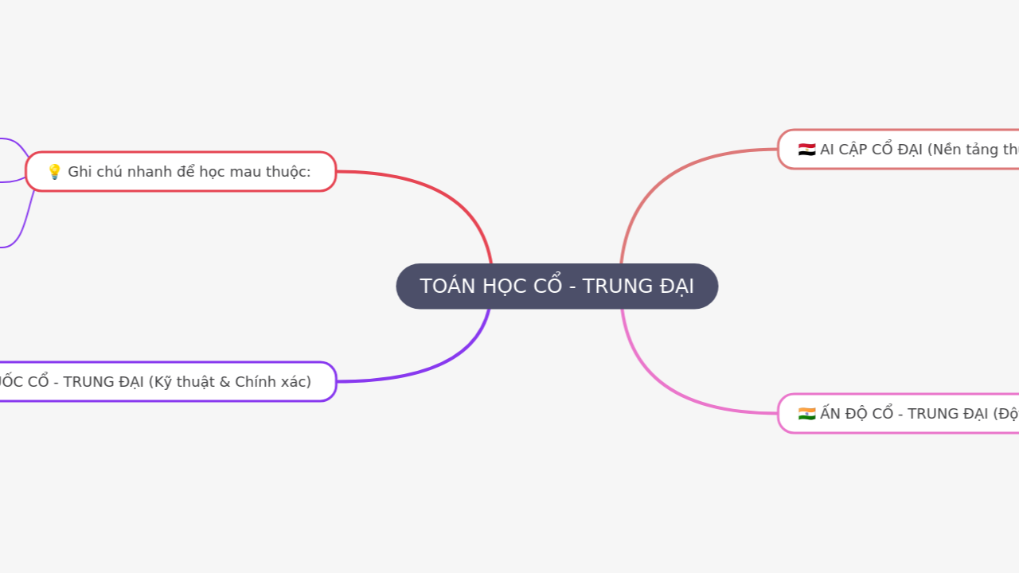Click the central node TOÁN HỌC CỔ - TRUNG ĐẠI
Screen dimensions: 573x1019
click(x=556, y=286)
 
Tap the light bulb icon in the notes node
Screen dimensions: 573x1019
click(x=54, y=172)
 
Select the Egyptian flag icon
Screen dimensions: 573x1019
click(x=806, y=150)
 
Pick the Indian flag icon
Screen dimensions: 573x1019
click(x=806, y=414)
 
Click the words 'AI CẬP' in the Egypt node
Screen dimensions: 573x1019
click(x=845, y=150)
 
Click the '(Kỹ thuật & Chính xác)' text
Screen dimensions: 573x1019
click(x=229, y=382)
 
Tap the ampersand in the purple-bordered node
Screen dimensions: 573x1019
click(x=224, y=382)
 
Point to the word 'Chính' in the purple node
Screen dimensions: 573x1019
click(x=257, y=382)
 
